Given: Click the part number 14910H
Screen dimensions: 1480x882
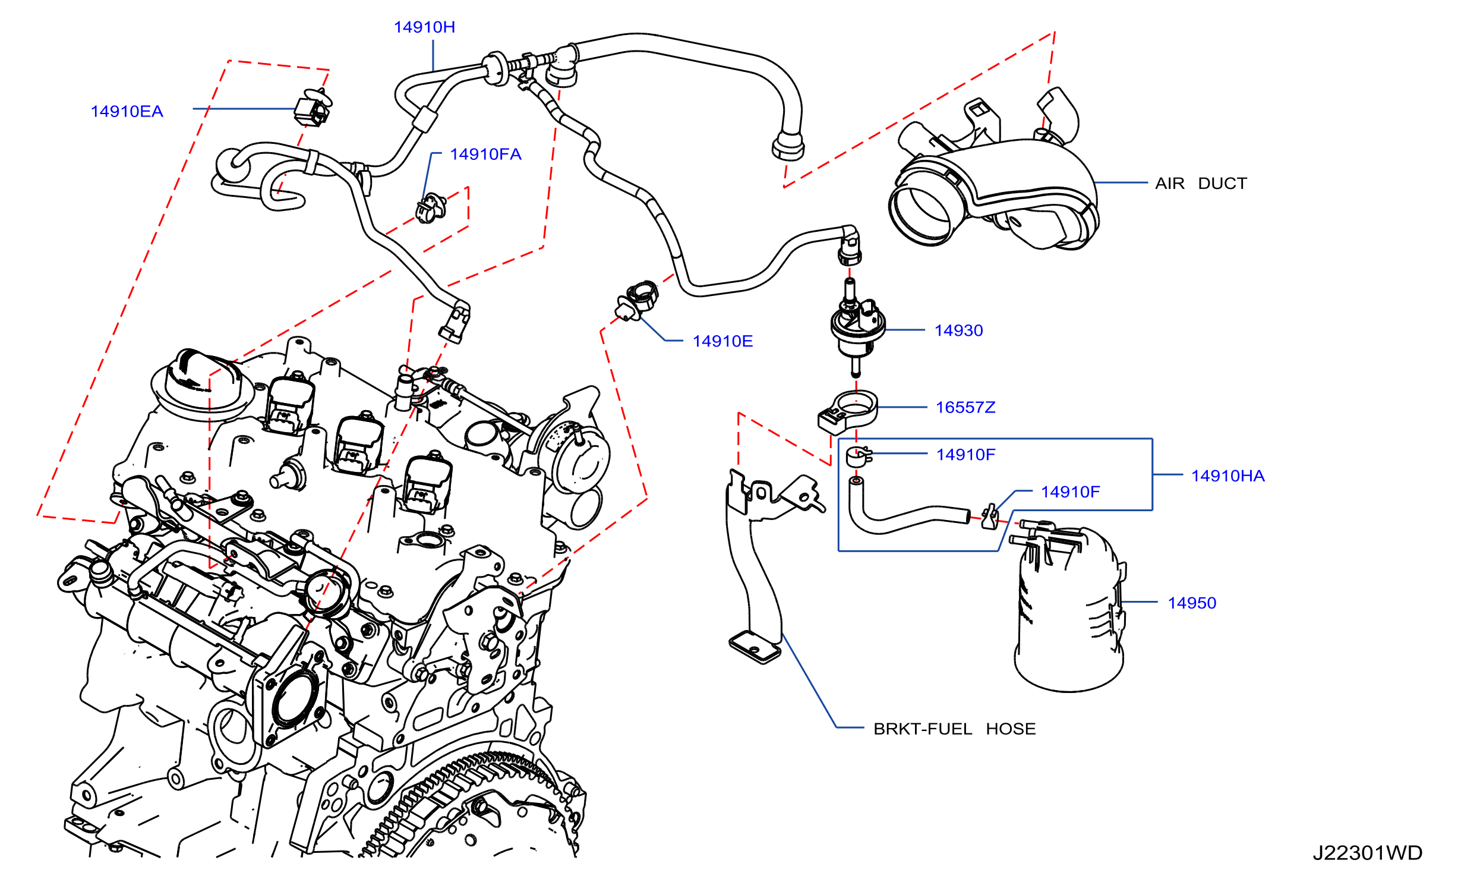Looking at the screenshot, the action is [424, 27].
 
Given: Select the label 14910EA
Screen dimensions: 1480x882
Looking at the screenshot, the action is [127, 112].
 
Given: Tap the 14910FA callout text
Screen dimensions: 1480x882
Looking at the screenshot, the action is [485, 155].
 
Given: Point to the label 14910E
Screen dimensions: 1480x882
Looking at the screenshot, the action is [722, 341].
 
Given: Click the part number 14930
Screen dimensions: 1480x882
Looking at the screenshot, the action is [958, 330].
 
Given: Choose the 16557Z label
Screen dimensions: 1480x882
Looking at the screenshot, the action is [965, 408].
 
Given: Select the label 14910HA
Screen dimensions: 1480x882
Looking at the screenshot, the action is [1228, 476].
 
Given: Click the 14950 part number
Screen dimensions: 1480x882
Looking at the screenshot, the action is [1192, 603].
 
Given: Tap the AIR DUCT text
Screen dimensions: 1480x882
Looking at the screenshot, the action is [1201, 184].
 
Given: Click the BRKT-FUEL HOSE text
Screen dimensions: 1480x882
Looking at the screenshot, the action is [954, 729].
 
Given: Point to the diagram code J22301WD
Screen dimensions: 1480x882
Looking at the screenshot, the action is [1367, 853].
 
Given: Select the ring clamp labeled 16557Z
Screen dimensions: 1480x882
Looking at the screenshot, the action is [848, 411].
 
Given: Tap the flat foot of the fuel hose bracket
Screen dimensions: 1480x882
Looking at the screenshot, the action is [755, 647].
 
